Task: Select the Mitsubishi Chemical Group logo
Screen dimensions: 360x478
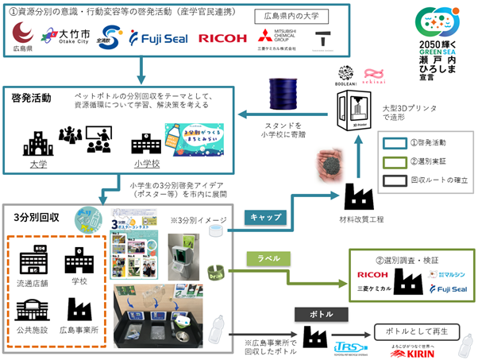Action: coord(277,37)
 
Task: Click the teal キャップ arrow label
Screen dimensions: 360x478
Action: coord(264,216)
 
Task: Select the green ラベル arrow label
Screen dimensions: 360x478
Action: coord(264,258)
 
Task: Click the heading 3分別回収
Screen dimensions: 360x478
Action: coord(33,215)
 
